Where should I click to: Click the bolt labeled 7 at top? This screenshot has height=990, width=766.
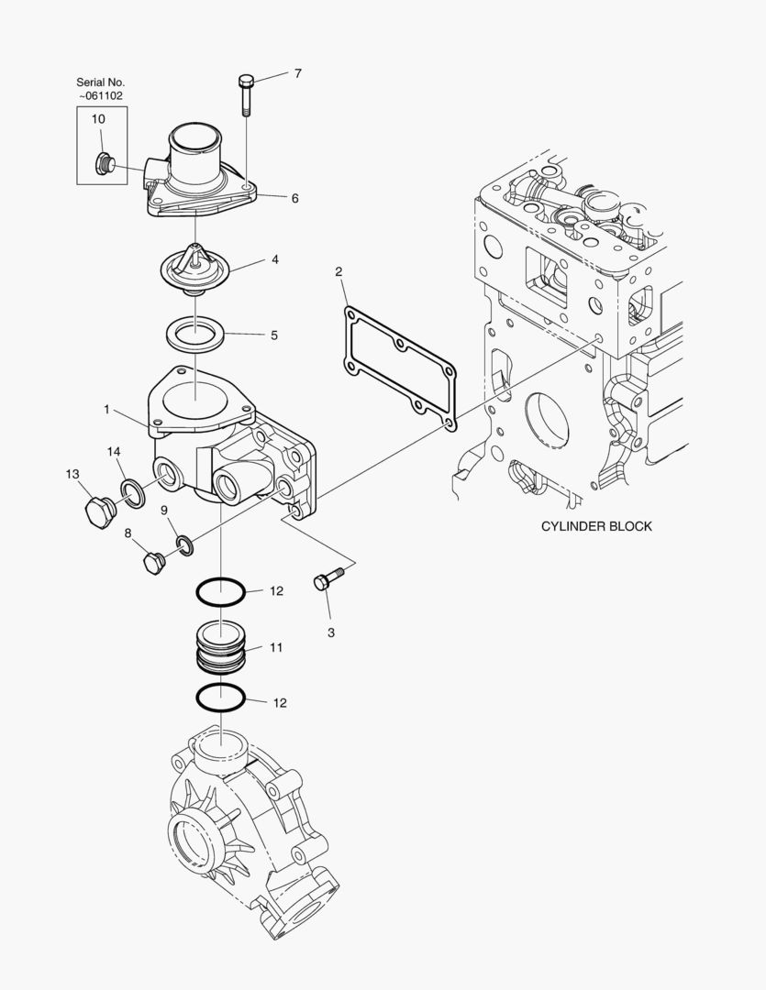(246, 93)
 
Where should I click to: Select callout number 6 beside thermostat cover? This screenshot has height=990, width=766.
(295, 198)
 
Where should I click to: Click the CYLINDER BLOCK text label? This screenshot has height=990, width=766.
(596, 526)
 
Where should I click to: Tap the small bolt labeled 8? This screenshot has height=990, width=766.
(152, 561)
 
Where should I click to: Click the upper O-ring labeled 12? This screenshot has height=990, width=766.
(220, 592)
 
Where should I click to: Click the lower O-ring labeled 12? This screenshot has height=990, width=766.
(220, 698)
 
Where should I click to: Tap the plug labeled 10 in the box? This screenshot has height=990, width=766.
(104, 165)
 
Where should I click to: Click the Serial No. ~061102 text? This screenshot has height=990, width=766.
(101, 88)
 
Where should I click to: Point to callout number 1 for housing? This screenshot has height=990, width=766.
(106, 410)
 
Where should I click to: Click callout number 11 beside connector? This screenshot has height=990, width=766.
(276, 647)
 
